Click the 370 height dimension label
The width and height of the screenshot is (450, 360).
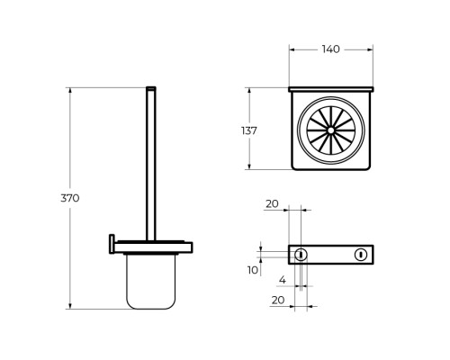70,198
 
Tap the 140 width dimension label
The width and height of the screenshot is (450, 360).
331,49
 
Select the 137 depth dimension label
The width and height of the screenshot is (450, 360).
249,130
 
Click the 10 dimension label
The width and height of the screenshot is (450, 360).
253,270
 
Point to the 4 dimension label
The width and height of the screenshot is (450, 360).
283,280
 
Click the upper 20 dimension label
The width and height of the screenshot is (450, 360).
272,204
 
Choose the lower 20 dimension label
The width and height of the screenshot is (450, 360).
278,300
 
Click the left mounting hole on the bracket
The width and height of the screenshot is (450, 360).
301,255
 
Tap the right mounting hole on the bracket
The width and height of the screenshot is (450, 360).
361,255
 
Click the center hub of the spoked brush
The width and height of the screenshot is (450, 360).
331,130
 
